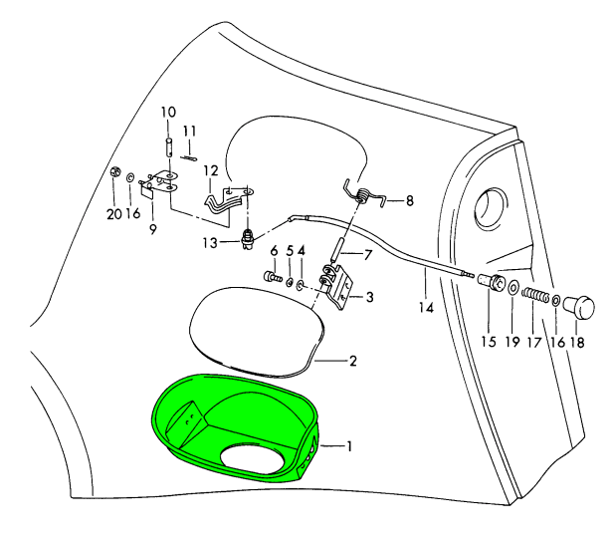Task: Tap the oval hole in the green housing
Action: tap(253, 459)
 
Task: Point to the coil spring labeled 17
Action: tap(536, 299)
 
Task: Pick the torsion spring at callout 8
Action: tap(364, 193)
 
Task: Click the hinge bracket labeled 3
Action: tap(339, 284)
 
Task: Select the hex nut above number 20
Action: tap(116, 173)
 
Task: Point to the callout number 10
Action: tap(168, 112)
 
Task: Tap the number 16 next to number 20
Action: tap(133, 213)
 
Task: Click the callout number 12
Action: tap(210, 170)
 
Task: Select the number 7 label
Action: tap(367, 254)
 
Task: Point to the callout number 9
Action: tap(153, 229)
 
